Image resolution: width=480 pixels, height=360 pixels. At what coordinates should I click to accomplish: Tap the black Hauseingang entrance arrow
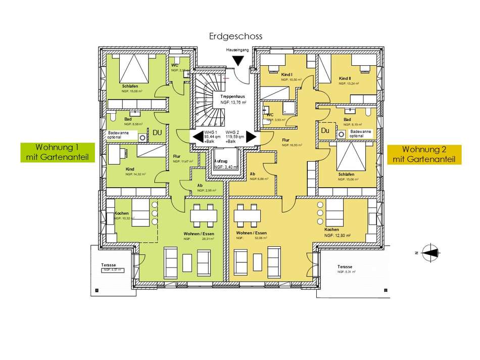[x=237, y=61]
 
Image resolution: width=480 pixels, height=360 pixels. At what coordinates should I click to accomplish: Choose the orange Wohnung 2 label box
[x=424, y=154]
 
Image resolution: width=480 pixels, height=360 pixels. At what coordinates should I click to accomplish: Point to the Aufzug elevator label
[x=222, y=160]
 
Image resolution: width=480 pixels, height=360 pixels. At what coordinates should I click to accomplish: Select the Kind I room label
[x=287, y=75]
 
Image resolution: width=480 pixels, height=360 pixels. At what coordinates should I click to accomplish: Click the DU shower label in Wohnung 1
[x=157, y=132]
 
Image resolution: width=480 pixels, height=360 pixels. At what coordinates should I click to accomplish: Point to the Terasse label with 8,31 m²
[x=345, y=266]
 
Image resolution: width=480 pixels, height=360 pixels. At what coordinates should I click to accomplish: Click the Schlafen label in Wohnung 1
[x=130, y=86]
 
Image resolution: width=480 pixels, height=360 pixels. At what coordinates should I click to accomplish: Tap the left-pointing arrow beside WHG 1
[x=195, y=137]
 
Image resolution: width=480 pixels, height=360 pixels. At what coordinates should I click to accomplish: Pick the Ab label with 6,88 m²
[x=252, y=173]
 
